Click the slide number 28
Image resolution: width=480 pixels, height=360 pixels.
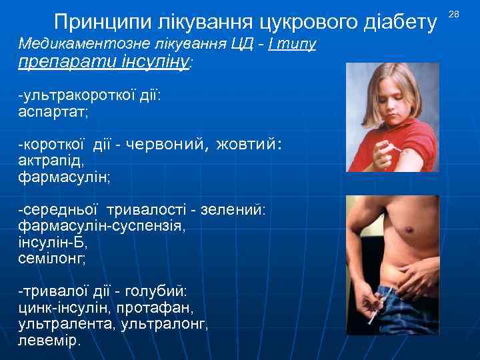pyautogui.click(x=454, y=14)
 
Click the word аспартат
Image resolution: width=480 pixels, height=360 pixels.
pyautogui.click(x=53, y=112)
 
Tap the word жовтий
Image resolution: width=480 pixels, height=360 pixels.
pyautogui.click(x=251, y=143)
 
